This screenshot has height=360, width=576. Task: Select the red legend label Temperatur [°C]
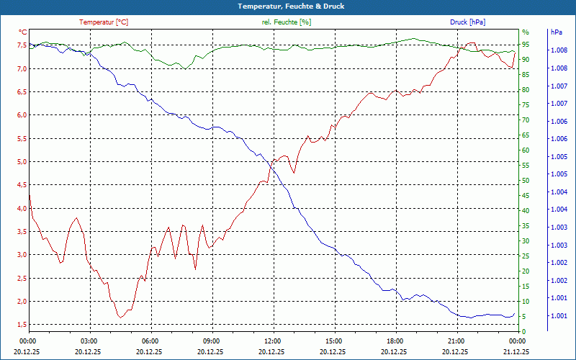104,22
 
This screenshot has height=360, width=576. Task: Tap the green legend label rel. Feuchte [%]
287,22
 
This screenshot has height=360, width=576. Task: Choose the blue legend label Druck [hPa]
467,22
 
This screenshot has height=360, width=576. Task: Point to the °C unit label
23,32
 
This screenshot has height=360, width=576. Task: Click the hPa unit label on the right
556,32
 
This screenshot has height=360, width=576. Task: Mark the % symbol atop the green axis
525,32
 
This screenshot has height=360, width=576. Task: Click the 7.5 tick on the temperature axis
22,45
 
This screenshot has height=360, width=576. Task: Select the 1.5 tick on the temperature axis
22,325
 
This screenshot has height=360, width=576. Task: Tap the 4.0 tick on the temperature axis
22,208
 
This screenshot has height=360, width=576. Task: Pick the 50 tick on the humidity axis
526,181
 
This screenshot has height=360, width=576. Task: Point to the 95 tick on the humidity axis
526,45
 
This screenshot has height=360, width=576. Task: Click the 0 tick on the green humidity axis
523,332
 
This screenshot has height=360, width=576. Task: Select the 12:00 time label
273,341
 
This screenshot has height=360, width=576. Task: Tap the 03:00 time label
89,341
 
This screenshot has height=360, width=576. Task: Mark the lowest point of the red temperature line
120,318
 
